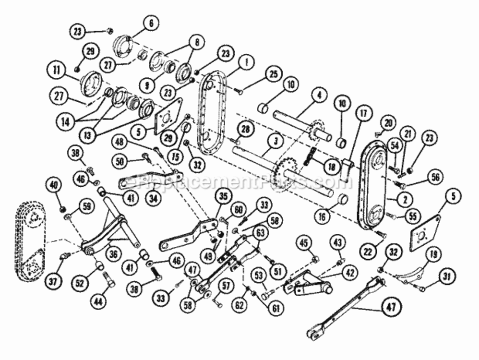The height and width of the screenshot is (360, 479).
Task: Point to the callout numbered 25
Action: click(x=274, y=75)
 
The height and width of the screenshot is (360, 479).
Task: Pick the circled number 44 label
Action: click(x=98, y=301)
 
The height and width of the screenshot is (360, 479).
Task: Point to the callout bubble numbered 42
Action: click(x=350, y=272)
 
